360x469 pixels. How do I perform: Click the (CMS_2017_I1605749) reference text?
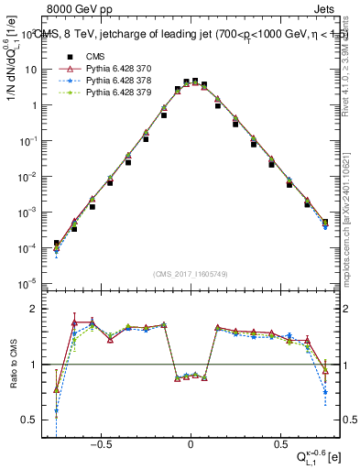tap(191, 274)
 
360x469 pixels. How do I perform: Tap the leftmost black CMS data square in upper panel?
tap(57, 243)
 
